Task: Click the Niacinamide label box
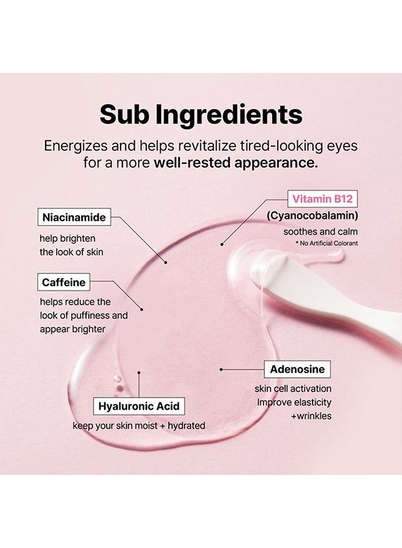coord(74,217)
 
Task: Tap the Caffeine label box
coord(63,282)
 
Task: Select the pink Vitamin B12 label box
coord(322,199)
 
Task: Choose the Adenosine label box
coord(297,369)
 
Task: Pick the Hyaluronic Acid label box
coord(139,406)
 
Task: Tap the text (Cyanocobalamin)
coord(312,216)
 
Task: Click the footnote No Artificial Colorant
coord(327,243)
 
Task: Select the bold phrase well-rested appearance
coord(236,163)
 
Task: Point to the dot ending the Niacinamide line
coord(166,262)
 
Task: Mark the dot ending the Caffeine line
coord(141,309)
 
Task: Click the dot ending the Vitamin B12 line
coord(222,244)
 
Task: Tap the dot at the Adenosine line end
coord(221,369)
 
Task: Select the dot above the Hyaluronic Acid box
coord(139,373)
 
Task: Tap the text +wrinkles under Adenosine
coord(311,416)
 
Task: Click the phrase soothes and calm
coord(320,231)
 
